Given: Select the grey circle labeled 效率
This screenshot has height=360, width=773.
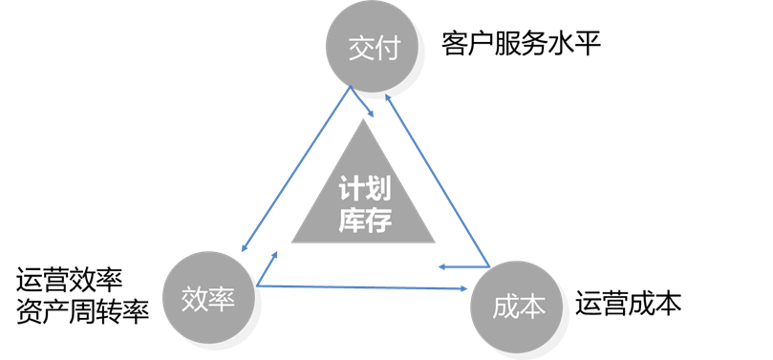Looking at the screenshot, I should click(x=208, y=300).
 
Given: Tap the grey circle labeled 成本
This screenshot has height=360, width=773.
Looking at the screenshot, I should click(x=519, y=306).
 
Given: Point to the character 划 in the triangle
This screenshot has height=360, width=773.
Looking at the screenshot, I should click(x=380, y=190).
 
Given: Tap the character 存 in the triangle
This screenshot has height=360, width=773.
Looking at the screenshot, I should click(x=380, y=219).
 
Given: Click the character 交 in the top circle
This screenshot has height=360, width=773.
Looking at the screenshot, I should click(x=358, y=47).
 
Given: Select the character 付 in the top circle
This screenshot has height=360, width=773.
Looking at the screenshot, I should click(x=385, y=47).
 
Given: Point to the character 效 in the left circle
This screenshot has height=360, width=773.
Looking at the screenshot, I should click(x=195, y=301).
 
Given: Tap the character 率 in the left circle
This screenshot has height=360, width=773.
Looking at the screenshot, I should click(x=222, y=301).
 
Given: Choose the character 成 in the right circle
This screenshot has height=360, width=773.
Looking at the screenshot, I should click(x=505, y=307).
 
